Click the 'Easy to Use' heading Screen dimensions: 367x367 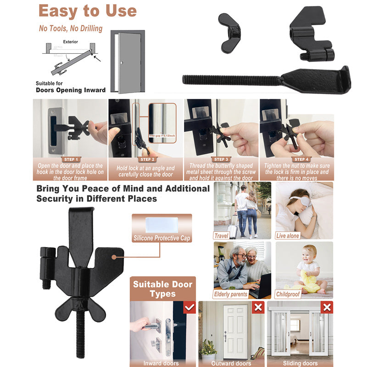coord(87,11)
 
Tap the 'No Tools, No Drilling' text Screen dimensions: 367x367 coord(71,28)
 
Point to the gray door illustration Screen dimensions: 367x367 coord(128,62)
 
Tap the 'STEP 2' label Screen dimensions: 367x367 coord(146,160)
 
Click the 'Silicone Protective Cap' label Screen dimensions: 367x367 coord(161,238)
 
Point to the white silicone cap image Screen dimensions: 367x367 coord(161,224)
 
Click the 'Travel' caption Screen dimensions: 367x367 coord(222,236)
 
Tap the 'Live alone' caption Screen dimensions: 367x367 coord(288,236)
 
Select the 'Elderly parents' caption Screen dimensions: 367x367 coord(231,294)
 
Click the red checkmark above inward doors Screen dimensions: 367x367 coord(189,307)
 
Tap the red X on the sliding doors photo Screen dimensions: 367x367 coord(327,307)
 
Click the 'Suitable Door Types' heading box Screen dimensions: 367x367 coord(162,289)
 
